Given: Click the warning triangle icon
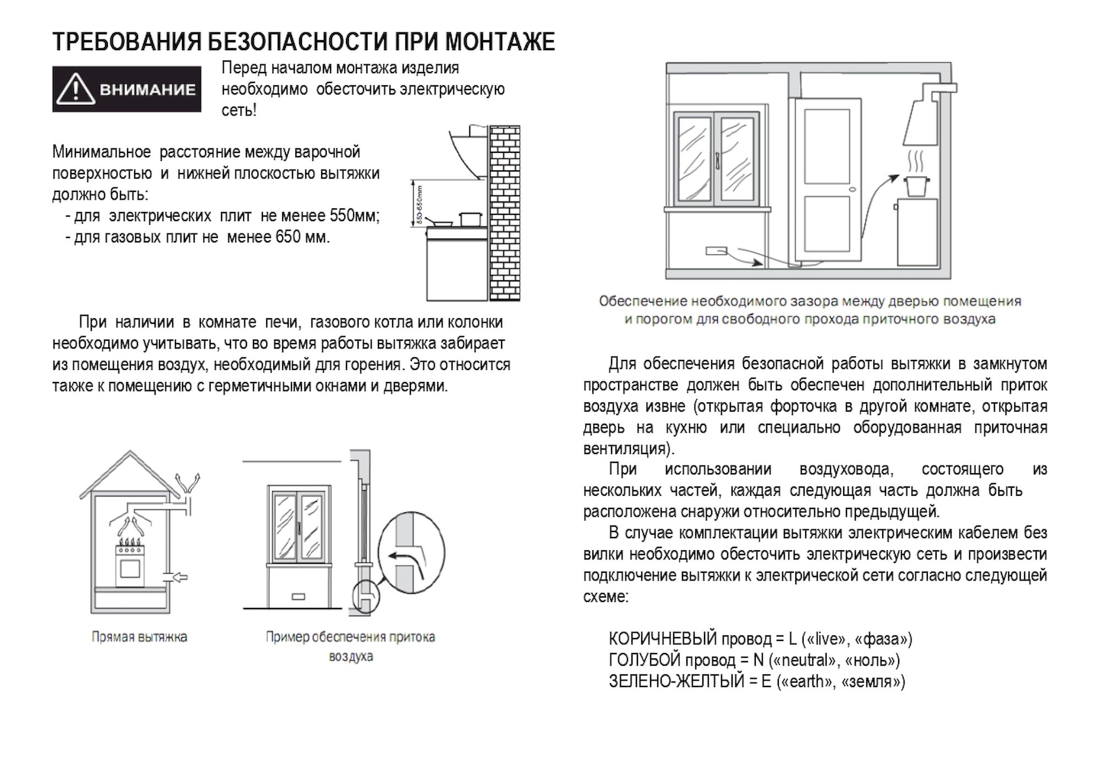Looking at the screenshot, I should [75, 90].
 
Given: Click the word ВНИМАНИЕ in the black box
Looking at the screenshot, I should [147, 90].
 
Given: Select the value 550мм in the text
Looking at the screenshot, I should [352, 216].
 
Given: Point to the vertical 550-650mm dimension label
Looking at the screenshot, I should [420, 204].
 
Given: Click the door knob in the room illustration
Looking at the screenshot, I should [853, 190].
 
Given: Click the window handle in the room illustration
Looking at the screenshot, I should [718, 160].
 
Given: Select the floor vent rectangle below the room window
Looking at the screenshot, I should [716, 251].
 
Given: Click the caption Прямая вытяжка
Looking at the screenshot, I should [139, 637].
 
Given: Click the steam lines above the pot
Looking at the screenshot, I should [915, 160].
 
